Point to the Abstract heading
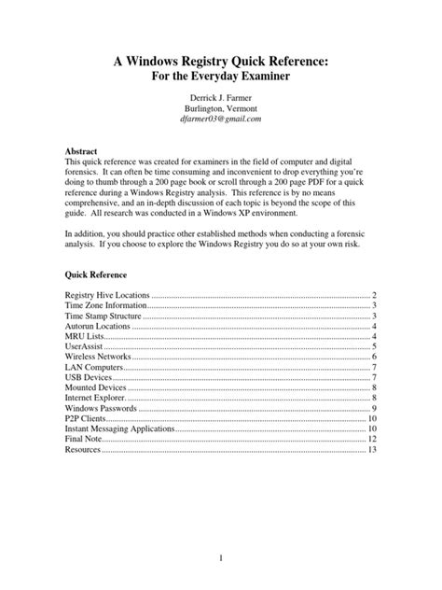(84, 149)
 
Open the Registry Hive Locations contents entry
(107, 295)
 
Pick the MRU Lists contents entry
(86, 336)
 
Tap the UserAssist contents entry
(84, 346)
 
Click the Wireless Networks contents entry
(99, 357)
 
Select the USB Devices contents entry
(90, 377)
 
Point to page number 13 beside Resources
(372, 449)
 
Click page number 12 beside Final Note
(372, 439)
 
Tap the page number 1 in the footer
(221, 557)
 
